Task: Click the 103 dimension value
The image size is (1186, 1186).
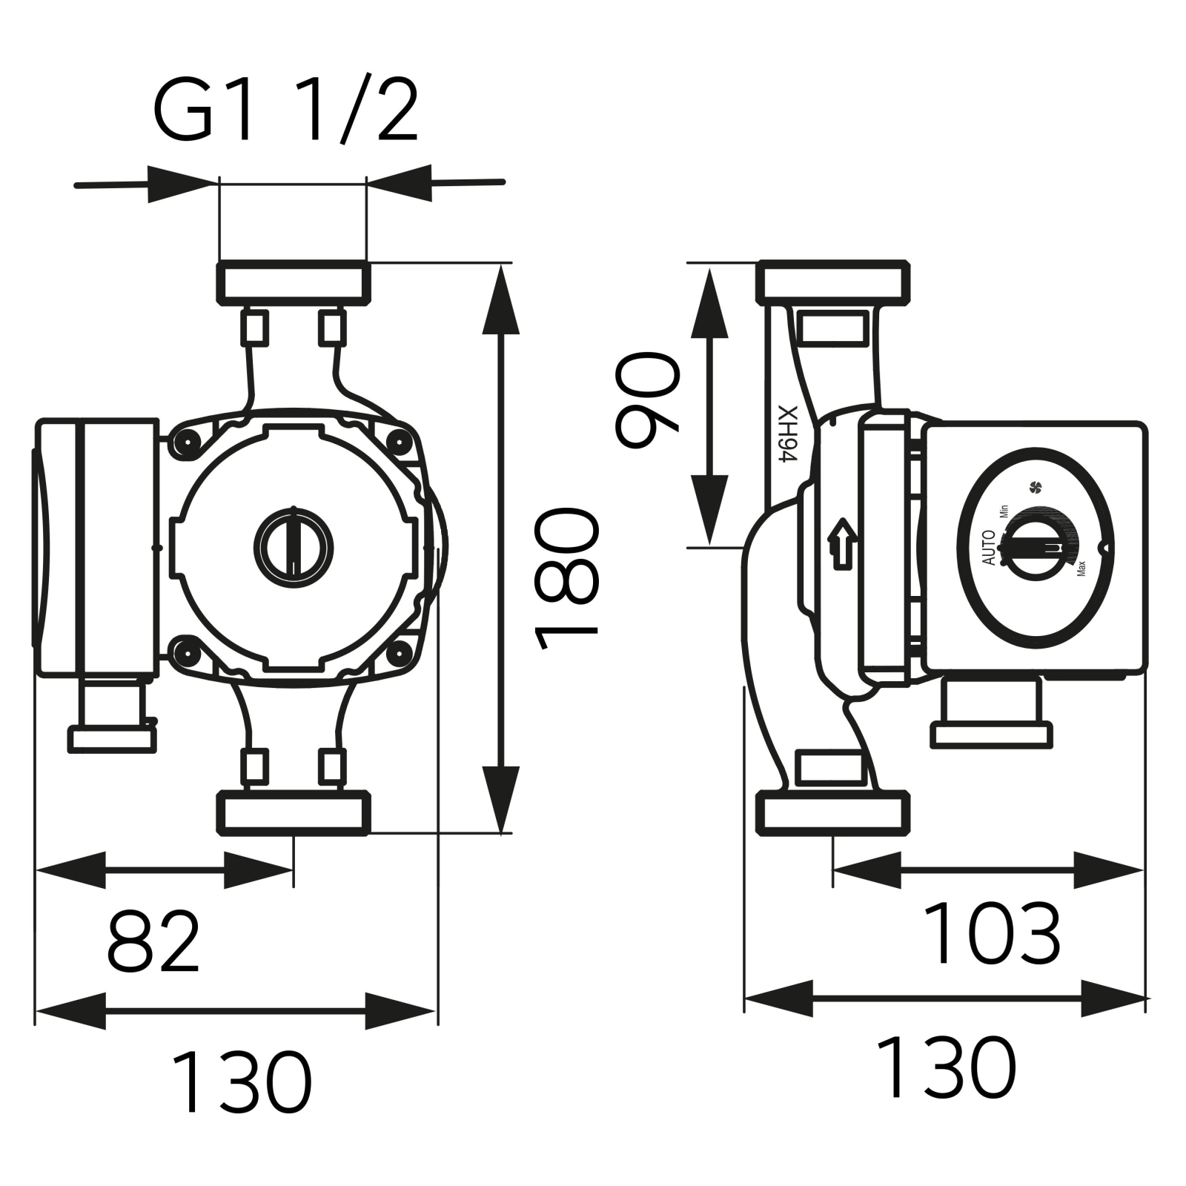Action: tap(992, 933)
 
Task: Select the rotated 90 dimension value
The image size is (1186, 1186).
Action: tap(647, 400)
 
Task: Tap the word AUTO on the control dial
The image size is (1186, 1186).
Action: tap(989, 548)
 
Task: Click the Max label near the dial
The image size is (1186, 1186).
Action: tap(1081, 569)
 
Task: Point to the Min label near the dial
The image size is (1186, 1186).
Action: tap(1004, 511)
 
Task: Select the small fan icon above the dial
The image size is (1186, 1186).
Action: tap(1036, 487)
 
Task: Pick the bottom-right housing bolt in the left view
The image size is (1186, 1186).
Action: tap(400, 652)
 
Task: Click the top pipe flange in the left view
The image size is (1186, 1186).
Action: tap(294, 283)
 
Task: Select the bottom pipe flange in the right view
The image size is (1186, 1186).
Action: tap(832, 813)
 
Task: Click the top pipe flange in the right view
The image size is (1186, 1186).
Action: tap(832, 283)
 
